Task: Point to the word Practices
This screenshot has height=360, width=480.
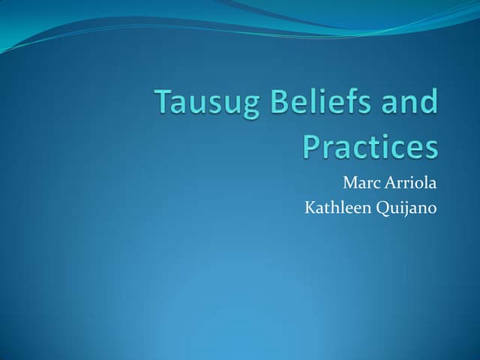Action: point(370,146)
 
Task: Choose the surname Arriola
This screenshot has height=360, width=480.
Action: point(410,183)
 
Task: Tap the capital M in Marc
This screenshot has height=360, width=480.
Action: point(350,183)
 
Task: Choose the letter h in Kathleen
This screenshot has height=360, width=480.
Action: point(333,206)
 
